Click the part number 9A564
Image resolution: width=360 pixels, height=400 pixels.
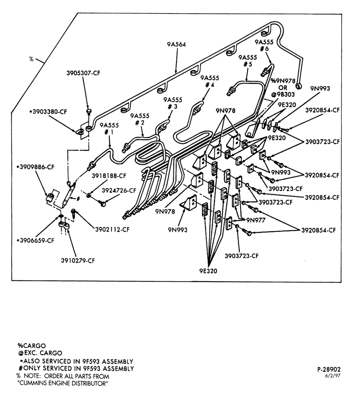(176, 44)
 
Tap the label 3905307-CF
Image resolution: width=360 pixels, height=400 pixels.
(84, 73)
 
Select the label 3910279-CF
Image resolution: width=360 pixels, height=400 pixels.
(78, 261)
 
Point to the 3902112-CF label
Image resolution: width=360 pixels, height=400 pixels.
(112, 230)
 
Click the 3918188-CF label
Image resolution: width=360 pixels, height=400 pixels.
(109, 176)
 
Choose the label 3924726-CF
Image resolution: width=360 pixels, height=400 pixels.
(119, 190)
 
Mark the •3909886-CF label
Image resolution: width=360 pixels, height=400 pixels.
(35, 167)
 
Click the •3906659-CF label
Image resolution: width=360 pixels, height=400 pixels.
(35, 240)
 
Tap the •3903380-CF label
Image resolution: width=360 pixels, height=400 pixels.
(48, 112)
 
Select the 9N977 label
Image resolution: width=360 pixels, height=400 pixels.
(256, 220)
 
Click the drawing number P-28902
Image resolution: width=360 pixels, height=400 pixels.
(329, 369)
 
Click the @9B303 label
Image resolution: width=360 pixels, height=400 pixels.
(282, 94)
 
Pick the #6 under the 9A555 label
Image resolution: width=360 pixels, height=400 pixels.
(264, 48)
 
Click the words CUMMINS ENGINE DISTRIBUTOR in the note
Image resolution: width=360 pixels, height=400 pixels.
(63, 384)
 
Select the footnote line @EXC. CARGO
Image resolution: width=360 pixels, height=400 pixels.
(40, 353)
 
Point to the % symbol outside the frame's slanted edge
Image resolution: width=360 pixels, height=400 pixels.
(31, 59)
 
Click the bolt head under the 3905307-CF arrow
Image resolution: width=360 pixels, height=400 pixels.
(88, 111)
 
